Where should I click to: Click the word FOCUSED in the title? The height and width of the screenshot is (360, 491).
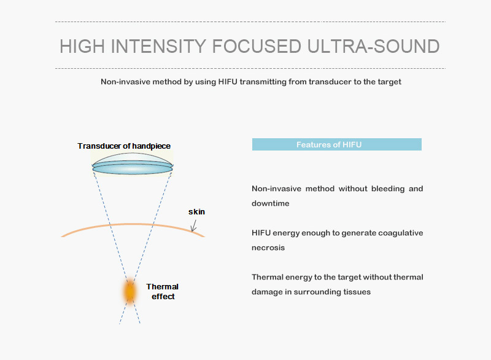257,46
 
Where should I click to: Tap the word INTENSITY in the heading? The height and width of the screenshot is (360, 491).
158,46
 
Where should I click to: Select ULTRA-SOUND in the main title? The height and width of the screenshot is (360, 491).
374,46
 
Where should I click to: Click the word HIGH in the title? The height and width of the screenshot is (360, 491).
82,46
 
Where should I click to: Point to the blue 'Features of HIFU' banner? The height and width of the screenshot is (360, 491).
336,144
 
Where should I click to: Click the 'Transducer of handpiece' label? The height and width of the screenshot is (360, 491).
124,146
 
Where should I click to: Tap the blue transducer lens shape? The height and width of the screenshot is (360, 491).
133,164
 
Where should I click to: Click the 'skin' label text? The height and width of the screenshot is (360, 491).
196,212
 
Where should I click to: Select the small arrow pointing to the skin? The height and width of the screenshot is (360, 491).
194,225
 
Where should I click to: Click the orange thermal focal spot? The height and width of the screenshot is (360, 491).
130,292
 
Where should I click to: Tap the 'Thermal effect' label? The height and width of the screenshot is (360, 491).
163,291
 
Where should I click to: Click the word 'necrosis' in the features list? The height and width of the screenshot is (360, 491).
268,248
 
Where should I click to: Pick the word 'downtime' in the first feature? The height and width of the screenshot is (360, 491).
271,203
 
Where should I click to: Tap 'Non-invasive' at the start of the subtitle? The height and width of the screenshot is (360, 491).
121,82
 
